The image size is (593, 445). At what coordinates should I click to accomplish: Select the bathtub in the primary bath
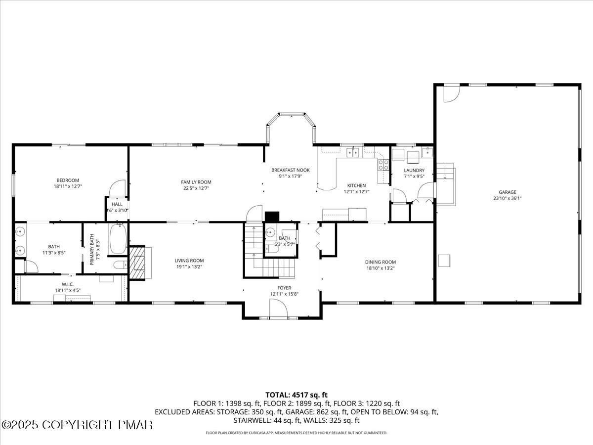pyautogui.click(x=118, y=239)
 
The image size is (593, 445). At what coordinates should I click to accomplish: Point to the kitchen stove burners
pyautogui.click(x=382, y=165)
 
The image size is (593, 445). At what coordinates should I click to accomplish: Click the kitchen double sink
pyautogui.click(x=353, y=152)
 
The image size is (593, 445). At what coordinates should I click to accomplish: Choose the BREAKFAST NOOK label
pyautogui.click(x=290, y=170)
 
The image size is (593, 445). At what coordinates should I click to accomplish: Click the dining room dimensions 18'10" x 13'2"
pyautogui.click(x=381, y=268)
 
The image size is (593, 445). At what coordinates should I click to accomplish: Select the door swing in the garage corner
pyautogui.click(x=451, y=93)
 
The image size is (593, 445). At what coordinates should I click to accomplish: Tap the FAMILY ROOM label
pyautogui.click(x=196, y=182)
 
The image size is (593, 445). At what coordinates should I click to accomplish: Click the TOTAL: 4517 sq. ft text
pyautogui.click(x=296, y=395)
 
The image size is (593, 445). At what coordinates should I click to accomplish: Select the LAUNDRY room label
pyautogui.click(x=414, y=170)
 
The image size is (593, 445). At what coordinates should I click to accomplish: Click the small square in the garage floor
pyautogui.click(x=444, y=260)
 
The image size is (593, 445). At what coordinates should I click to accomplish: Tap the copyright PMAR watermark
pyautogui.click(x=77, y=425)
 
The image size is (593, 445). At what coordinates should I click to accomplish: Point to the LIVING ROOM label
pyautogui.click(x=189, y=261)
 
